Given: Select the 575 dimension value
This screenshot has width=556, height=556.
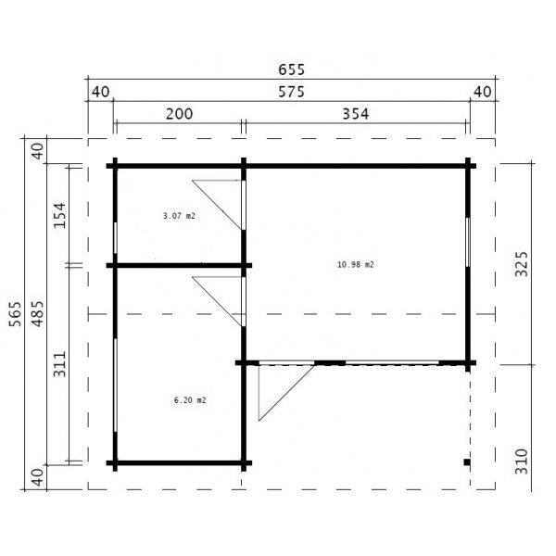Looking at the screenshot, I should (290, 92).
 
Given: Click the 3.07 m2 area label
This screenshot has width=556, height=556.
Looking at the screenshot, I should (179, 215).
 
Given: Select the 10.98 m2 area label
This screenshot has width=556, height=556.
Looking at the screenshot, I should (356, 264).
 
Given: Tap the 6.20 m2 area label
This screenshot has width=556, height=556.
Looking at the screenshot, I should (189, 400).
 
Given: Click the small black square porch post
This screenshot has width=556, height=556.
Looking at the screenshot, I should (468, 461).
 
